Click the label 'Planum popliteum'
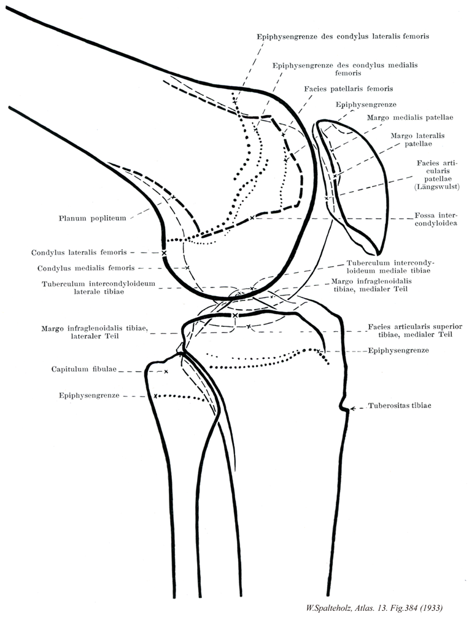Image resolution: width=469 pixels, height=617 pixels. point(93,218)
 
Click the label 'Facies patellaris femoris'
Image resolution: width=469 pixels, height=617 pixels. point(348,88)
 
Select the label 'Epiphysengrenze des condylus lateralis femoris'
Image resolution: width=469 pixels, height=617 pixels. point(342,36)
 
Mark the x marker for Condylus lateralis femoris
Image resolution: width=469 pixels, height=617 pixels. point(164,253)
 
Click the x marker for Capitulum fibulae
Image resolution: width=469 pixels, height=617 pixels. point(166,371)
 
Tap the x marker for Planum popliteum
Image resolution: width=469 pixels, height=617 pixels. point(173,197)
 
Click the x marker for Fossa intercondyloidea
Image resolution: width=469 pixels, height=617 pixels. point(252,218)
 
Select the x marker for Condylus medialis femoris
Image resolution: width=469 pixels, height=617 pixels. point(187,268)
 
